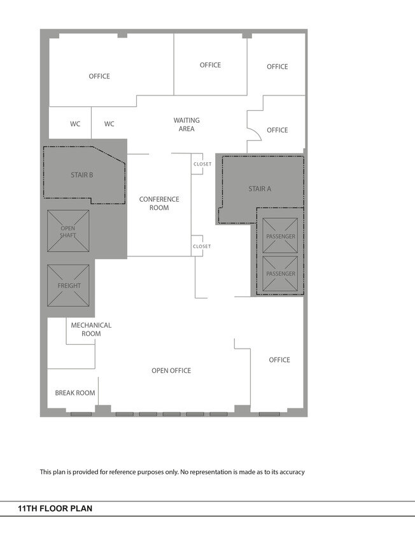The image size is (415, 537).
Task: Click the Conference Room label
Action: [159, 204]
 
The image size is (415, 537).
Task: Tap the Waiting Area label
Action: [186, 125]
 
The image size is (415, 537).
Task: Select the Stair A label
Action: [260, 189]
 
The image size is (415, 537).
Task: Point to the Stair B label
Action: [82, 175]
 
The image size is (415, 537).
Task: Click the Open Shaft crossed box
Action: [68, 231]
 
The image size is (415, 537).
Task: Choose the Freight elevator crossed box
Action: [68, 285]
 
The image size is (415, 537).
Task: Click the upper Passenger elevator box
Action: [280, 235]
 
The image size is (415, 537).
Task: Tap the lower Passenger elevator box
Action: [280, 274]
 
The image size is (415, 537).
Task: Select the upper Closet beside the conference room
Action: [197, 164]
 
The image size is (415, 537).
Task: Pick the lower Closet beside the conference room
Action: [197, 246]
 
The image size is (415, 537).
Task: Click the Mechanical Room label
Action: [91, 330]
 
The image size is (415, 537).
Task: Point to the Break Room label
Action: [75, 393]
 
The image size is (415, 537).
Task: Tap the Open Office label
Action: [171, 370]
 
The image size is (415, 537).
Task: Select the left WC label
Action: [75, 124]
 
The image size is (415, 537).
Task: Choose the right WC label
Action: [109, 124]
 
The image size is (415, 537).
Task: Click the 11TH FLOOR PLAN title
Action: [55, 508]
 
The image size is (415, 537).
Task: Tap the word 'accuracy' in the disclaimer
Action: [292, 472]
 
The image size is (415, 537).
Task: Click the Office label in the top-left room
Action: [99, 76]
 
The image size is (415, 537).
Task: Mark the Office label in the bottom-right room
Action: [279, 360]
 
